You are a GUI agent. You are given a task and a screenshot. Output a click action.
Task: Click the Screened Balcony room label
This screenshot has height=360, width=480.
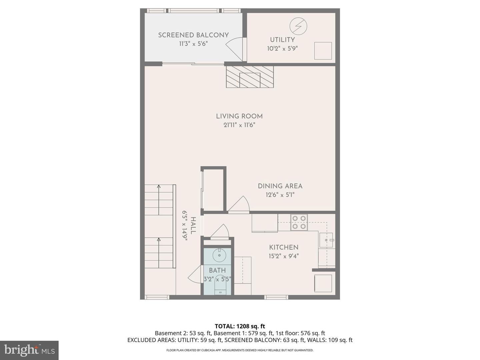193,35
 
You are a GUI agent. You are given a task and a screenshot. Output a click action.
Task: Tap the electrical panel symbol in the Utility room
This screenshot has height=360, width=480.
298,26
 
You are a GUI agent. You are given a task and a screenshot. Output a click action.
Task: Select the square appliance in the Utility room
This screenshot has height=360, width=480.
323,51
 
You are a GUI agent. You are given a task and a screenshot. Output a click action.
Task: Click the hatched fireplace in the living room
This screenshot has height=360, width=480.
250,77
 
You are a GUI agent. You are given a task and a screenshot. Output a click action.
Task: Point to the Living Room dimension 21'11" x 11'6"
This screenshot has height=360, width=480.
239,125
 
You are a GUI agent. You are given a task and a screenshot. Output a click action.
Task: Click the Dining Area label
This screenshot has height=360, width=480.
280,186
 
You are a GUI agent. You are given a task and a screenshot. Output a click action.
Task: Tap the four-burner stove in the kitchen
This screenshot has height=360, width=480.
299,222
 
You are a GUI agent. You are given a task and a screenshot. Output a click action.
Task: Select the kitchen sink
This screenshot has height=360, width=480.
326,240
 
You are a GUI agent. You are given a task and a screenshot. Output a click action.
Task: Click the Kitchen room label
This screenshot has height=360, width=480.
284,247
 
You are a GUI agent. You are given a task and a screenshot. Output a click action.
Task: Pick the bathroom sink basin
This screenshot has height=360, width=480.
219,256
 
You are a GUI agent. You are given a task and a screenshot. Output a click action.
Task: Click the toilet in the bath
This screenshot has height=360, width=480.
220,287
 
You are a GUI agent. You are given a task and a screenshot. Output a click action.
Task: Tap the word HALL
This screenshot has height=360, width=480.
193,225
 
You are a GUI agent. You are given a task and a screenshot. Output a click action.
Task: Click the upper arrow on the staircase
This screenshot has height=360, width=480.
159,187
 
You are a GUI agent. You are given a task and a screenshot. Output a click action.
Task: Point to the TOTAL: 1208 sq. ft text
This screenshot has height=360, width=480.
240,326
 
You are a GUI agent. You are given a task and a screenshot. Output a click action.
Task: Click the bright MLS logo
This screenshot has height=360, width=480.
29,350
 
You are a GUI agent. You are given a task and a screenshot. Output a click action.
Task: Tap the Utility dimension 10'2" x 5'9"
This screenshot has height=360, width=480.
282,49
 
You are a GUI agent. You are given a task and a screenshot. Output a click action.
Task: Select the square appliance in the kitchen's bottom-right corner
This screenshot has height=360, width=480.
323,283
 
